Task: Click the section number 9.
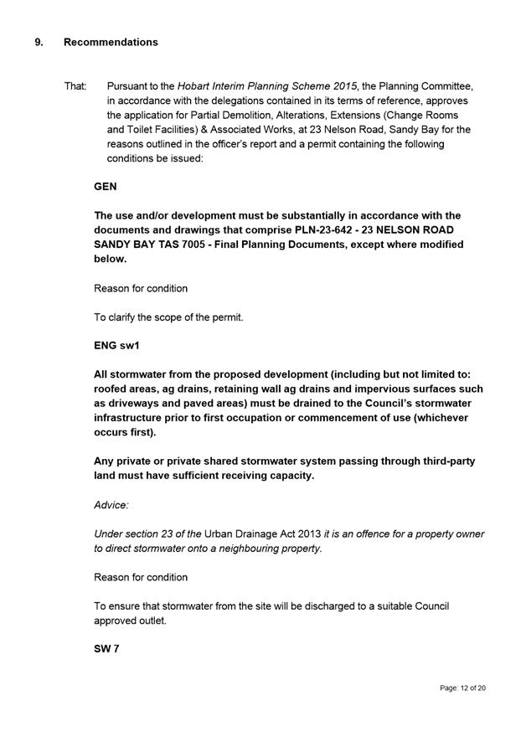(39, 42)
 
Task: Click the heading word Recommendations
(111, 42)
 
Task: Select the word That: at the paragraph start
(75, 86)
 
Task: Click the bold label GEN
(106, 188)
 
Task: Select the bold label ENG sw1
(117, 346)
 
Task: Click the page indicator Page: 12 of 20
(462, 688)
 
